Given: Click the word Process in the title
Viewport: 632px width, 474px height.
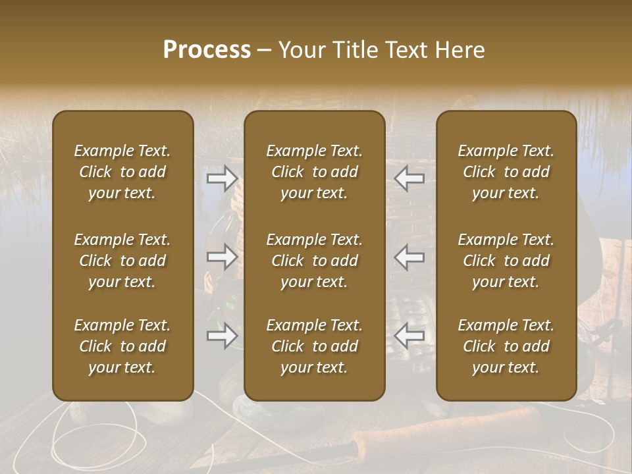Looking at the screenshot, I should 207,50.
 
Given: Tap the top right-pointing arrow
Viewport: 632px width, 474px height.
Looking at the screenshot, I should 222,178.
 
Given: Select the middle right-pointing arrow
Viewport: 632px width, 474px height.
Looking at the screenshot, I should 222,257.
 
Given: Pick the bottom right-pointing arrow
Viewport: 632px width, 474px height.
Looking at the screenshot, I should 222,336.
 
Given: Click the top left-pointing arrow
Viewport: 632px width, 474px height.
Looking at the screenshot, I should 409,178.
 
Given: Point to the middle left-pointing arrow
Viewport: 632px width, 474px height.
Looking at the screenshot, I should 409,257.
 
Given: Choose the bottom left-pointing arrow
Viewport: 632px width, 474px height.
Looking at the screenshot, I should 409,336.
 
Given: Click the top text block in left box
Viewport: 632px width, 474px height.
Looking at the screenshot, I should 122,172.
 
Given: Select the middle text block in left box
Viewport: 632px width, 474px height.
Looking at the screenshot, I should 122,261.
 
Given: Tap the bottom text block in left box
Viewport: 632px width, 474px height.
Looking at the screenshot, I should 122,346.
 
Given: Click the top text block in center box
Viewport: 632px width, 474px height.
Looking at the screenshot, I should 314,172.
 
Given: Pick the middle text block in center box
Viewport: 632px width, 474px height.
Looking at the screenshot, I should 314,261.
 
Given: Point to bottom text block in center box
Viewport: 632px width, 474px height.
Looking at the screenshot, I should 314,346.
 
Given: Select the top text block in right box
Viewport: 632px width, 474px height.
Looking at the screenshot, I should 506,172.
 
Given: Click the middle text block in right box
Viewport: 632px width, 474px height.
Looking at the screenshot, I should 506,261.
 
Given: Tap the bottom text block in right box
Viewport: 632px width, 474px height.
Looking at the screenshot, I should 506,346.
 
